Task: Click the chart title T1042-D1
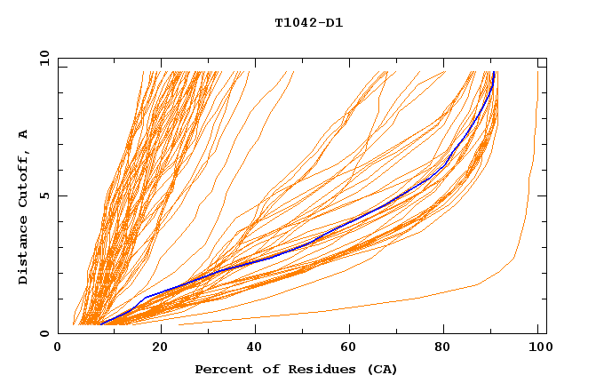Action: [x=309, y=23]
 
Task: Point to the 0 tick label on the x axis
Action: [x=58, y=348]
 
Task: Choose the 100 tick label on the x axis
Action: [x=538, y=348]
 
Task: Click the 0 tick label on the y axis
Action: [x=44, y=334]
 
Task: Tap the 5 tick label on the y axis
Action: [x=44, y=195]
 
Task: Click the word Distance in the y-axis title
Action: [x=24, y=251]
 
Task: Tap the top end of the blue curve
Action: [x=493, y=73]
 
